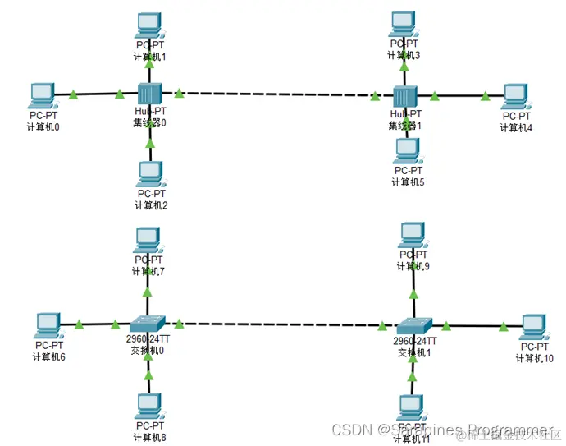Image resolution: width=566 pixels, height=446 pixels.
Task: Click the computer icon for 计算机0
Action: point(41,94)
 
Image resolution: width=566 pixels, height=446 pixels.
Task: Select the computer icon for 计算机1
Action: point(149,25)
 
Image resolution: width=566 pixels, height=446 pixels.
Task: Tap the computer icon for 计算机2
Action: point(149,172)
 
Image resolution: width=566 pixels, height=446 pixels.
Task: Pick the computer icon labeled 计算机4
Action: point(515,95)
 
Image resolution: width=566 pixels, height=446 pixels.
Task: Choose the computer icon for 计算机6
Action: point(48,324)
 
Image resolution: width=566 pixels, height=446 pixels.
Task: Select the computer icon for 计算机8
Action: point(148,405)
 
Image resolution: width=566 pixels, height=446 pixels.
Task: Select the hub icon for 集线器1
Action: point(405,96)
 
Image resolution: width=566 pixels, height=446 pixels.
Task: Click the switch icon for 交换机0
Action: point(148,324)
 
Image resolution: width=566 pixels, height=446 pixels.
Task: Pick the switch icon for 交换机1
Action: point(413,326)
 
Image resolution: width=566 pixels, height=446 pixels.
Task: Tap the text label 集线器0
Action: point(150,123)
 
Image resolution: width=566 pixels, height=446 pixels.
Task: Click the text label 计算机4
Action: point(517,127)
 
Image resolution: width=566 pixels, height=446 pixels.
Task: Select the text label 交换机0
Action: point(148,351)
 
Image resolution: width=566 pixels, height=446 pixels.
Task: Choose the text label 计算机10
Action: point(536,358)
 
